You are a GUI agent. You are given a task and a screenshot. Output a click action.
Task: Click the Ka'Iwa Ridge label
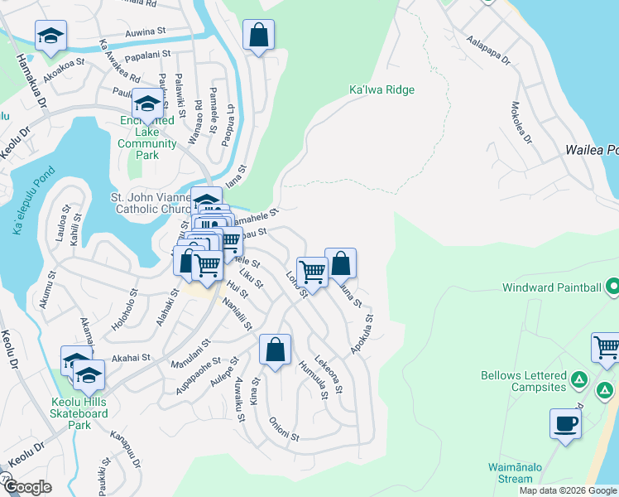(381, 89)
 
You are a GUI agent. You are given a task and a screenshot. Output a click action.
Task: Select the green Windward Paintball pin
(612, 288)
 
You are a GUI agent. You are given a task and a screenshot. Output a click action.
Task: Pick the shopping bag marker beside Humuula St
(276, 349)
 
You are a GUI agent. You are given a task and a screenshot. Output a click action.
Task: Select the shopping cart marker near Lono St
(312, 271)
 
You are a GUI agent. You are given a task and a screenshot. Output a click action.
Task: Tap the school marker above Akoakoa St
(50, 36)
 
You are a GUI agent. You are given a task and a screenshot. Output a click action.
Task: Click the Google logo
(28, 487)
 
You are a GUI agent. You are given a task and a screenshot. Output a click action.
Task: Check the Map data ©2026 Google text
(568, 490)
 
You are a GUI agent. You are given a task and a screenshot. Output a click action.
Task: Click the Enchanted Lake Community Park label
(147, 132)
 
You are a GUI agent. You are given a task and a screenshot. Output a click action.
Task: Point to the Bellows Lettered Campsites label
(525, 381)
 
